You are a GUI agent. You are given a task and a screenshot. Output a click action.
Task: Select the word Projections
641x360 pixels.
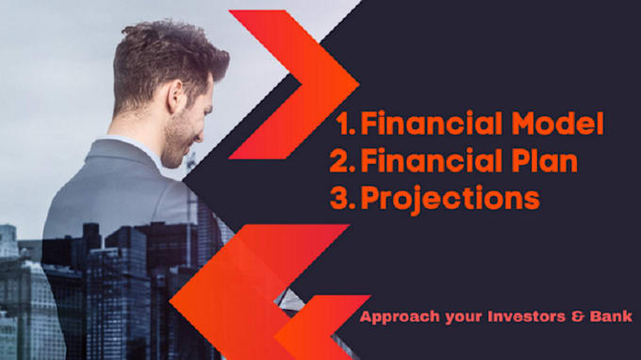click(451, 199)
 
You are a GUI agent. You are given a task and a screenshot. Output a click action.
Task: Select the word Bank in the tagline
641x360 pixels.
click(611, 318)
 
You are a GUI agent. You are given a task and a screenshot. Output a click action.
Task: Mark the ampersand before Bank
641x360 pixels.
click(579, 318)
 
